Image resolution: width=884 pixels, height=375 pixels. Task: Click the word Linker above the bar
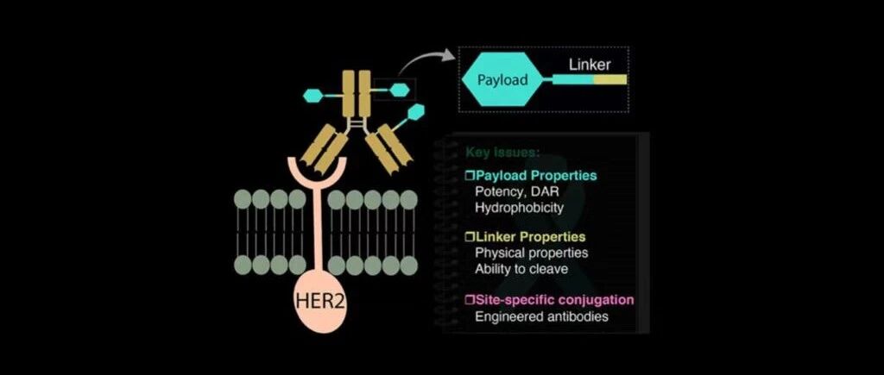click(x=590, y=65)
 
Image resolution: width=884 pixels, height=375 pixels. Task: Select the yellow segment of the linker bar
click(x=609, y=80)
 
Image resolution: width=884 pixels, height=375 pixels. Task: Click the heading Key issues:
click(x=502, y=153)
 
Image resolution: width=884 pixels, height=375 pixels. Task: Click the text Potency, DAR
click(x=516, y=191)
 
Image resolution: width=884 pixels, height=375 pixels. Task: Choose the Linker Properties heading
click(x=531, y=236)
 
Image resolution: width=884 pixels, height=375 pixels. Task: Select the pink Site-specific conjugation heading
click(x=555, y=300)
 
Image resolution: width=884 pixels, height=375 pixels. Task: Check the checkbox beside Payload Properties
click(x=470, y=176)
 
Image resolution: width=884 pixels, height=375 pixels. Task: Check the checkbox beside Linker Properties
click(x=470, y=237)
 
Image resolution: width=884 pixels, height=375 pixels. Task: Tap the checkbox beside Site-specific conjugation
click(x=470, y=300)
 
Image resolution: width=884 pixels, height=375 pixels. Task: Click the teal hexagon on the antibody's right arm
click(x=415, y=111)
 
